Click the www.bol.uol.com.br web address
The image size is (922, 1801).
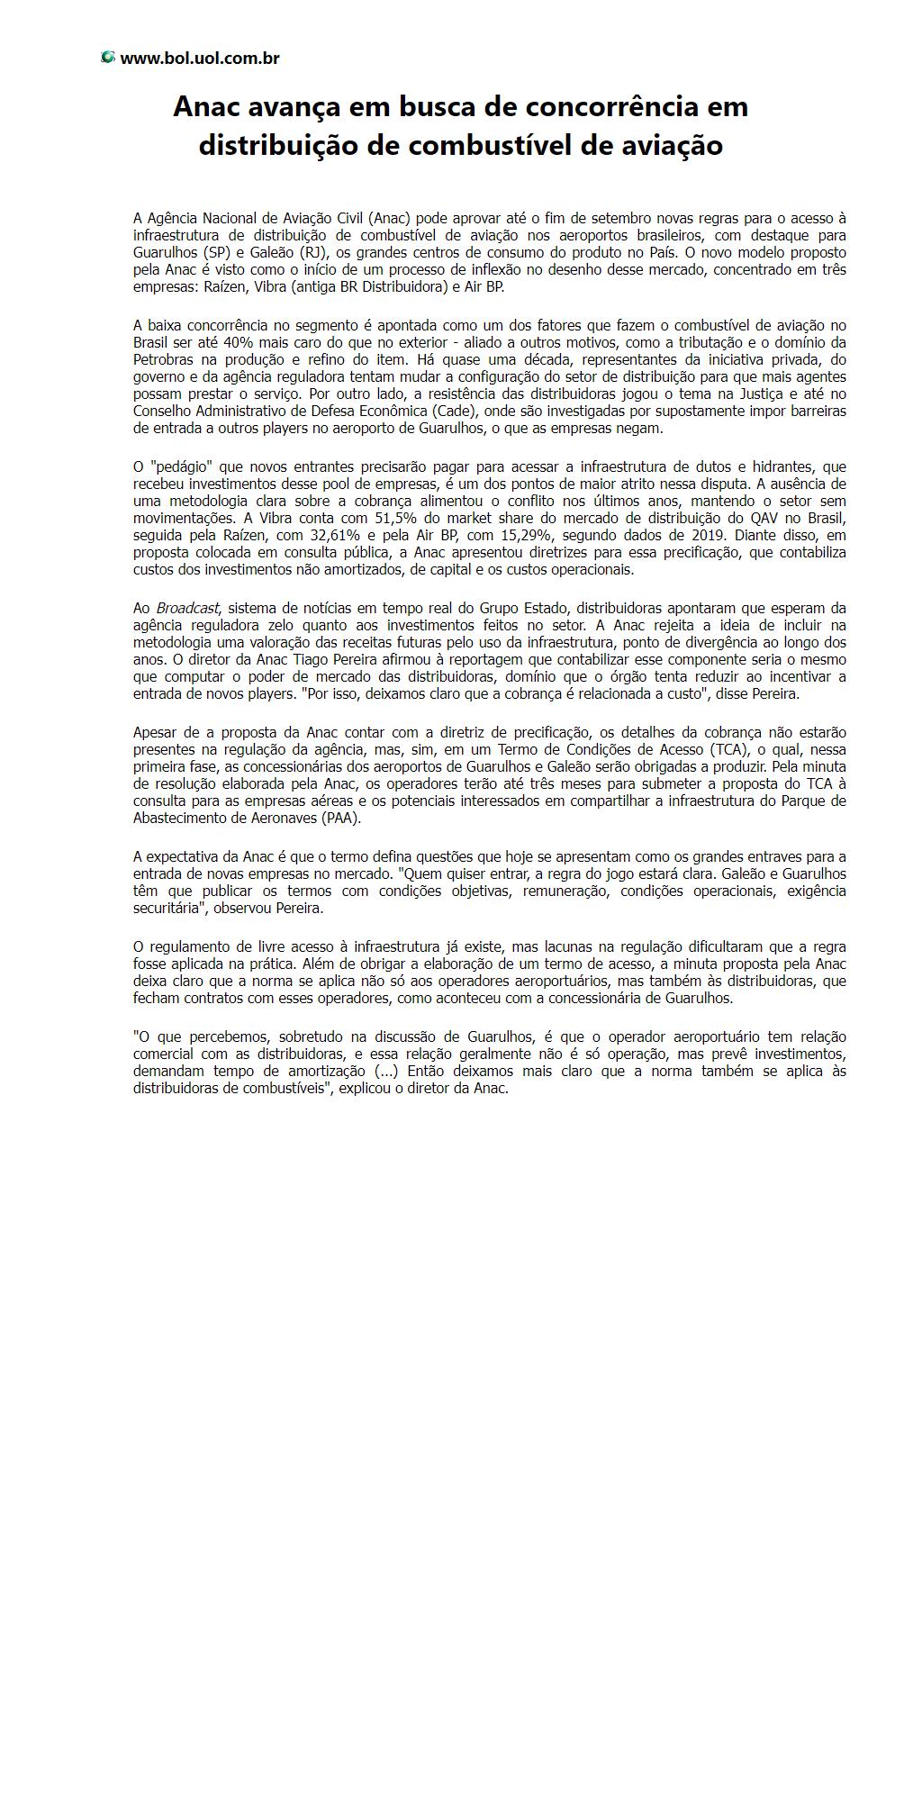[x=199, y=59]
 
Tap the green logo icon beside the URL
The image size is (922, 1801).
[x=108, y=58]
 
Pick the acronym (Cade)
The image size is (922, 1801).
[x=438, y=412]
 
